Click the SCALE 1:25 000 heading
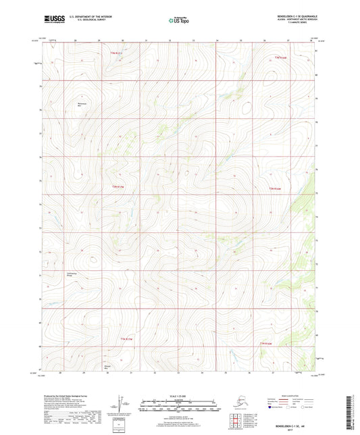[179, 396]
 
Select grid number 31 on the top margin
[147, 41]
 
